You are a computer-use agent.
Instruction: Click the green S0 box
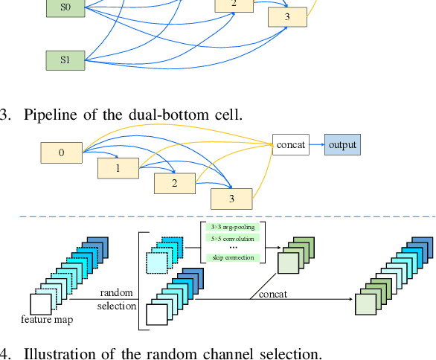pyautogui.click(x=65, y=9)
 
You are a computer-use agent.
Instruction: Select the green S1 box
pyautogui.click(x=65, y=59)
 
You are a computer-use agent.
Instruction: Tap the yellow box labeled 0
pyautogui.click(x=61, y=154)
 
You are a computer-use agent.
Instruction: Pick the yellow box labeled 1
pyautogui.click(x=118, y=169)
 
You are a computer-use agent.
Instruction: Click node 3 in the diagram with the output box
pyautogui.click(x=231, y=199)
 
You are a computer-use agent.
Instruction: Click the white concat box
pyautogui.click(x=290, y=145)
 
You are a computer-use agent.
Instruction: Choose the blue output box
pyautogui.click(x=342, y=145)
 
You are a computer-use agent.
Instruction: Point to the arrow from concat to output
pyautogui.click(x=315, y=145)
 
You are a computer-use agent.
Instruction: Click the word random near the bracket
pyautogui.click(x=116, y=293)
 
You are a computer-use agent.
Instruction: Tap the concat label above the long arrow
pyautogui.click(x=273, y=295)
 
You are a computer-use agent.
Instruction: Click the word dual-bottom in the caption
pyautogui.click(x=164, y=115)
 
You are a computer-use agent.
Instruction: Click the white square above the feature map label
pyautogui.click(x=39, y=304)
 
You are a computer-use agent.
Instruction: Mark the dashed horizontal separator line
pyautogui.click(x=223, y=216)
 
